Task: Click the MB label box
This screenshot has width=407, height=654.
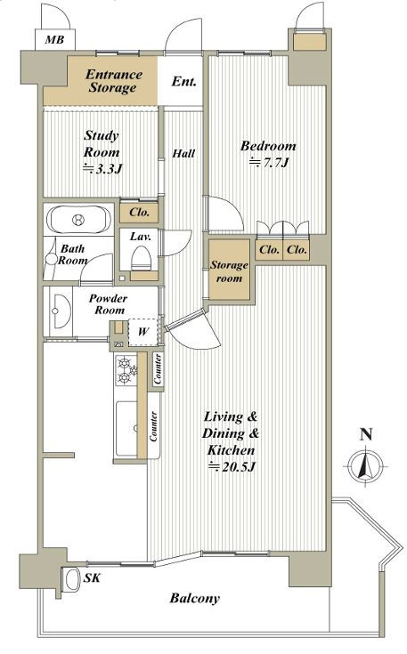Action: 54,40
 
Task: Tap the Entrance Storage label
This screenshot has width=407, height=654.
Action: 113,81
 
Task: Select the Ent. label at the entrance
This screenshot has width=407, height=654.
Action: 183,81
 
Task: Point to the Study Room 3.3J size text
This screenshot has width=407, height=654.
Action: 102,169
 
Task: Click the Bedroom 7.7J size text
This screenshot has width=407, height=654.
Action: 269,162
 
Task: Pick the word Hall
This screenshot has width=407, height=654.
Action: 183,153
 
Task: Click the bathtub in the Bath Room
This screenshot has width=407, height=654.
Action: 78,220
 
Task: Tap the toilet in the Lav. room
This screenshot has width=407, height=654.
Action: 141,259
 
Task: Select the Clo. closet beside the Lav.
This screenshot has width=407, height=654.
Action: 139,213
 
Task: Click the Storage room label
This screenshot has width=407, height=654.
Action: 229,271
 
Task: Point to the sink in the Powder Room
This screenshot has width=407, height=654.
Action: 59,311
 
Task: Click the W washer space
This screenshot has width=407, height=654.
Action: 143,332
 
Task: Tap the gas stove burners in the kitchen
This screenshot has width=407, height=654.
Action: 126,370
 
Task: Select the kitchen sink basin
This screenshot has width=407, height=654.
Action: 126,428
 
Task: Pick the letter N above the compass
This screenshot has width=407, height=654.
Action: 366,434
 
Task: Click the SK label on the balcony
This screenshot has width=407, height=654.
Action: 92,578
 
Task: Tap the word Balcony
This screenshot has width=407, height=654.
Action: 194,599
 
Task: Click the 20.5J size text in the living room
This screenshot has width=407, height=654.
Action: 232,467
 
